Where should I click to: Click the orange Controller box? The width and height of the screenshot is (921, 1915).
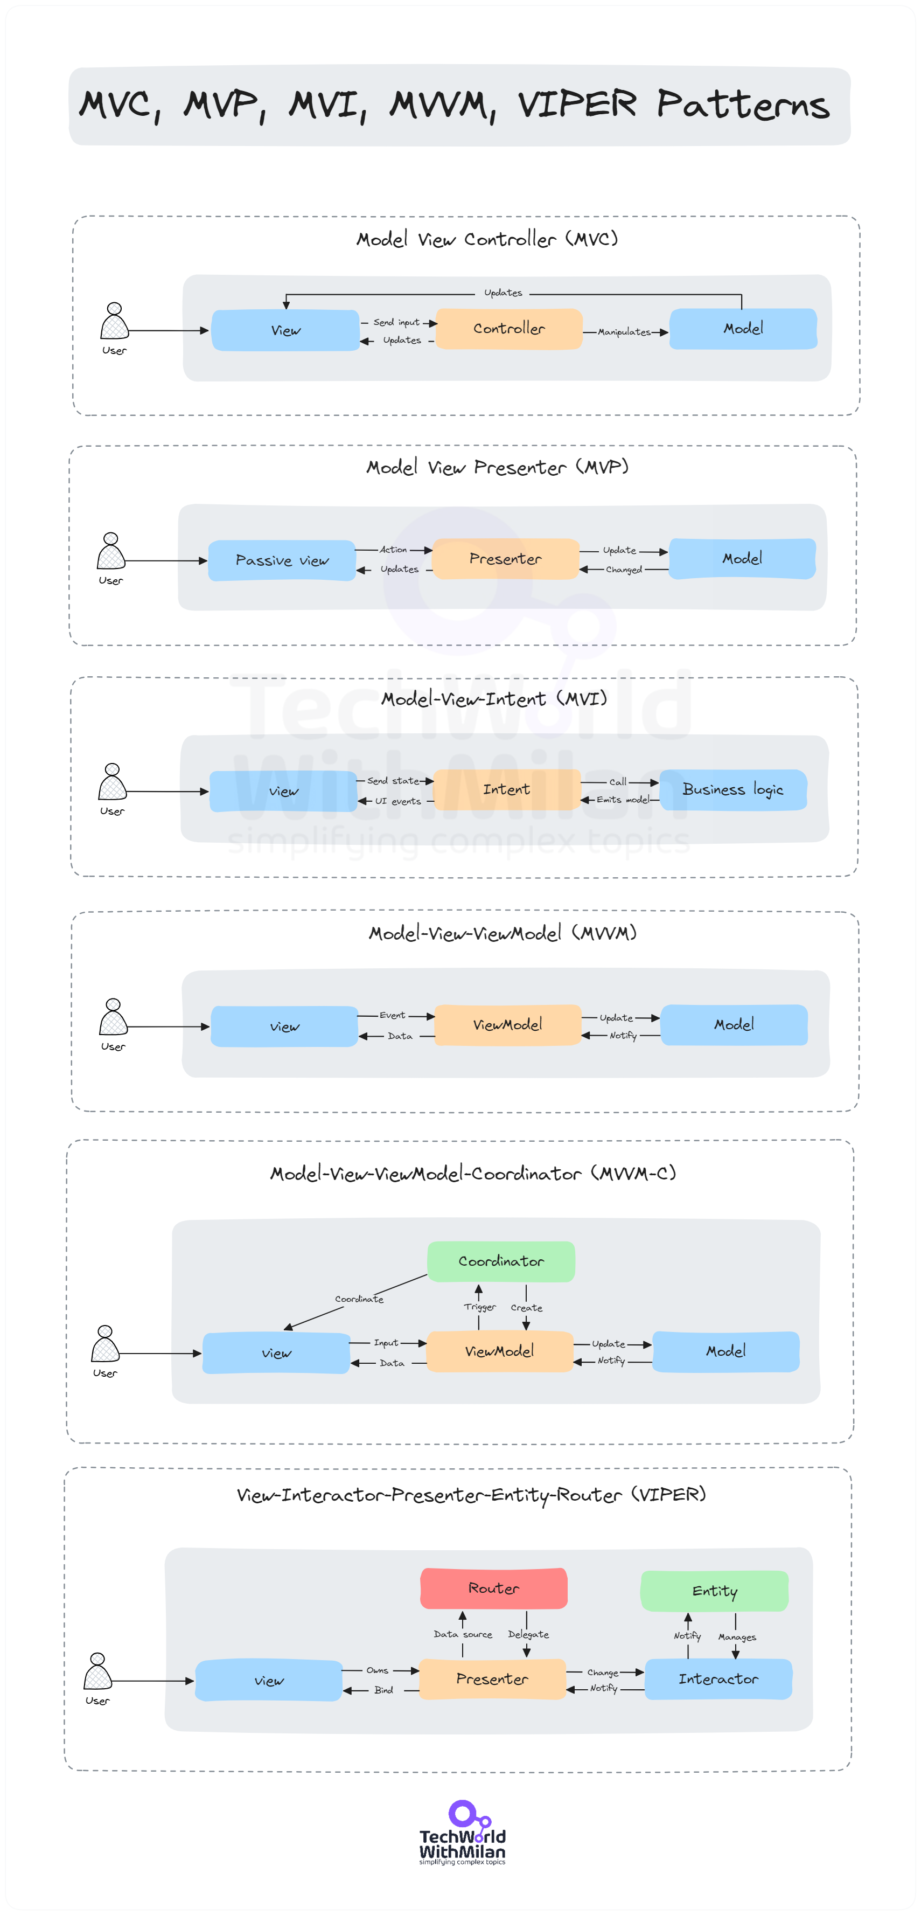point(508,329)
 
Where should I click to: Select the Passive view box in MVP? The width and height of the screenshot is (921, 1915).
point(282,560)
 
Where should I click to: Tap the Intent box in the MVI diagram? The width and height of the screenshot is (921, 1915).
point(506,789)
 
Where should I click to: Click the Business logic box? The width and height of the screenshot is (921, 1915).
point(733,789)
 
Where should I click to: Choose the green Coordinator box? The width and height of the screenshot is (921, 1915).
point(501,1261)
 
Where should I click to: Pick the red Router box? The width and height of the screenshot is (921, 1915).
point(493,1588)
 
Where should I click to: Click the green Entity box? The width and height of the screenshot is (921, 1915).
point(714,1591)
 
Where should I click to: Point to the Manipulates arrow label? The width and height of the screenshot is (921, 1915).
point(624,332)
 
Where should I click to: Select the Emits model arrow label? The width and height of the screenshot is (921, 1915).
point(623,800)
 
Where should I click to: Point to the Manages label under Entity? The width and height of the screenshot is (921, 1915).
point(737,1637)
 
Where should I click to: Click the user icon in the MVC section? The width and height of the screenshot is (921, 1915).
point(115,322)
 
